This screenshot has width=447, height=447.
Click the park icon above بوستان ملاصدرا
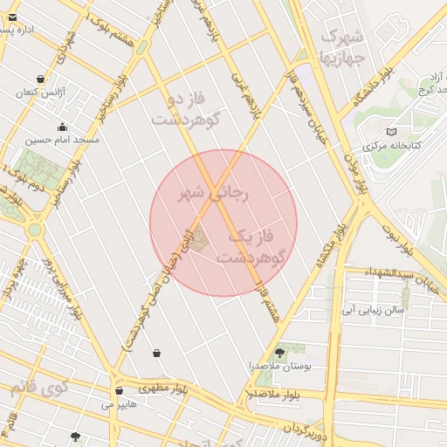point(279,353)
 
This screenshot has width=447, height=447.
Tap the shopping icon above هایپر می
point(119,390)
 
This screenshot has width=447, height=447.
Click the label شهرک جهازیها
point(342,48)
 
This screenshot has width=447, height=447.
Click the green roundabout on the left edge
point(34,230)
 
